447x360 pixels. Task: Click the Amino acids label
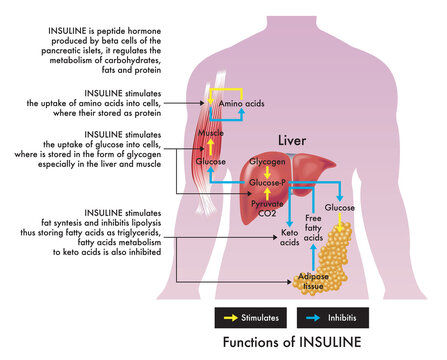(243, 104)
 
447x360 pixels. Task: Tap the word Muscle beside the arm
(210, 133)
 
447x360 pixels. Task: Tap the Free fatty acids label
(312, 227)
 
